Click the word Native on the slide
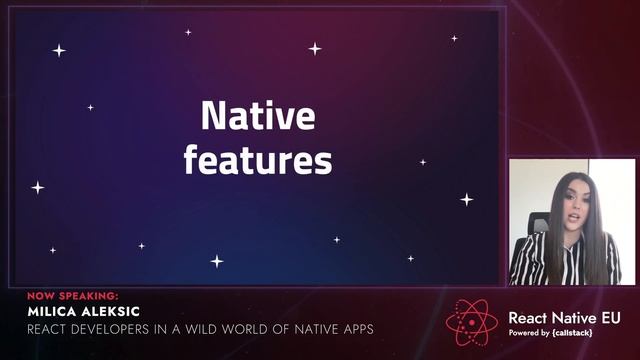click(x=257, y=117)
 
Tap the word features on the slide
click(x=257, y=159)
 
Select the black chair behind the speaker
click(x=537, y=225)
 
